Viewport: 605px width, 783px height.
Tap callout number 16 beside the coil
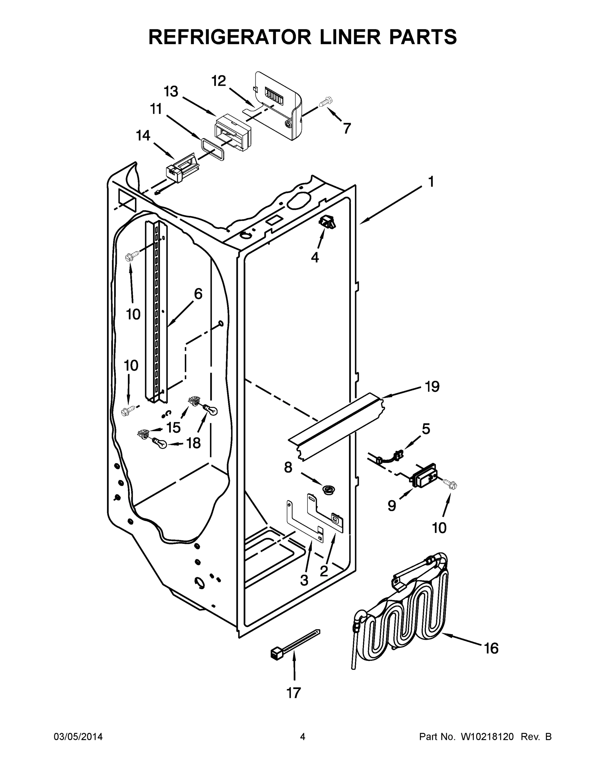[491, 648]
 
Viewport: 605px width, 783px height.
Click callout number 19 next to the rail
[432, 387]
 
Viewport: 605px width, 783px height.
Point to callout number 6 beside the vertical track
[198, 294]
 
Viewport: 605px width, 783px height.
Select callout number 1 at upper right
[431, 182]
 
